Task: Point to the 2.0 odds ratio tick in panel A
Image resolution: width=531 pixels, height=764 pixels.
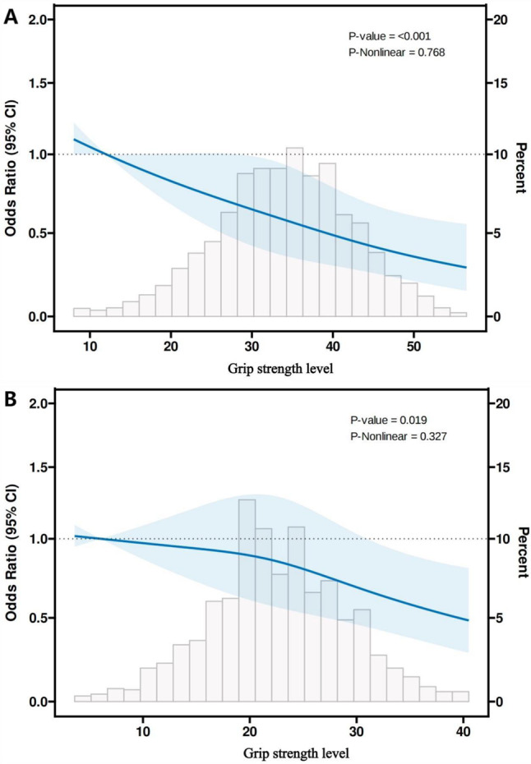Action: coord(38,19)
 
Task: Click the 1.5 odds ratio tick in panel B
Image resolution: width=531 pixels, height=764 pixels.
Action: coord(38,467)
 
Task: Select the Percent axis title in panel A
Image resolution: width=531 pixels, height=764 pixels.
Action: coord(519,168)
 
